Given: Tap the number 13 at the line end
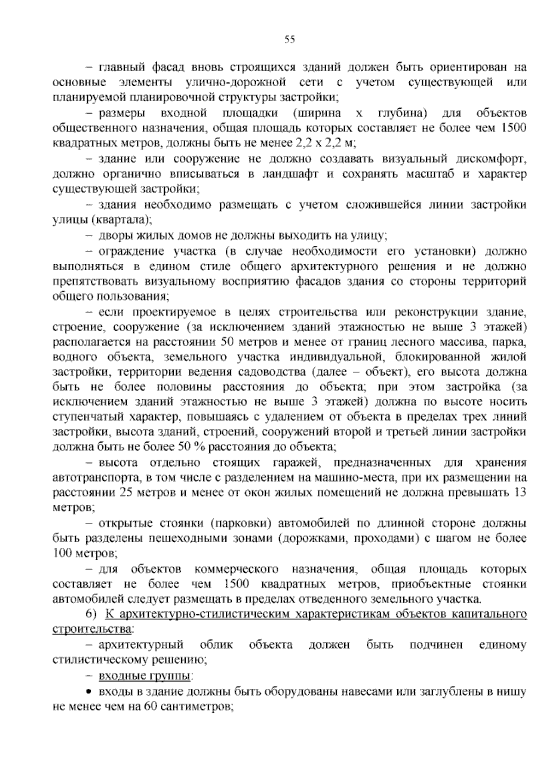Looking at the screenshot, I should click(x=519, y=493).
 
